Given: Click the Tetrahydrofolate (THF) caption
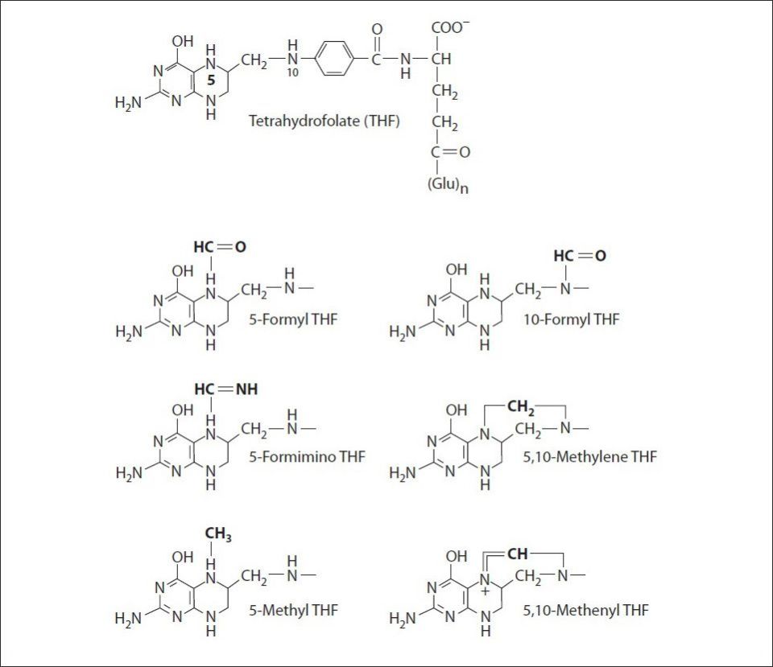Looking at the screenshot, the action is pos(324,121).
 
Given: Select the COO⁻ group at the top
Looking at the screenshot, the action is pos(448,27).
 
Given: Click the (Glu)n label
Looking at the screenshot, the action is pos(448,186).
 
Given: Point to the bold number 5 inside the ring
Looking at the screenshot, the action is pos(211,80).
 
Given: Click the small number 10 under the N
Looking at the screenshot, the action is pos(292,73).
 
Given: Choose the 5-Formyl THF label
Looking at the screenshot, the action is pos(293,319).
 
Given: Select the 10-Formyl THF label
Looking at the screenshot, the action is pos(571,319).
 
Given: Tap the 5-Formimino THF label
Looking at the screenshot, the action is pos(307,457).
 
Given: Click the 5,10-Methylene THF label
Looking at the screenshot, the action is pos(589,457).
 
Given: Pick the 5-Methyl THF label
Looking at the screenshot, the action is pos(293,611).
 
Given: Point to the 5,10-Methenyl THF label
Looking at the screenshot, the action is pos(585,611).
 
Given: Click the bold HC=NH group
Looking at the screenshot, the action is pos(226,389).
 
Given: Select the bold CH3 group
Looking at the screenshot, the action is pos(218,534).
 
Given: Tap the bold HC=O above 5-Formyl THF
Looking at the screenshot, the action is pos(220,247).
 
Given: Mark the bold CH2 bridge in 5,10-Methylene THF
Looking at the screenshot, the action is pos(520,407).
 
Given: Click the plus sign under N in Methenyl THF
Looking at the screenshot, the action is pos(485,591).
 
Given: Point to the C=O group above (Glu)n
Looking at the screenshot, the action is pos(450,152).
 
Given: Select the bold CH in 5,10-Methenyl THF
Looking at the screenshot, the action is pos(517,554).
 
